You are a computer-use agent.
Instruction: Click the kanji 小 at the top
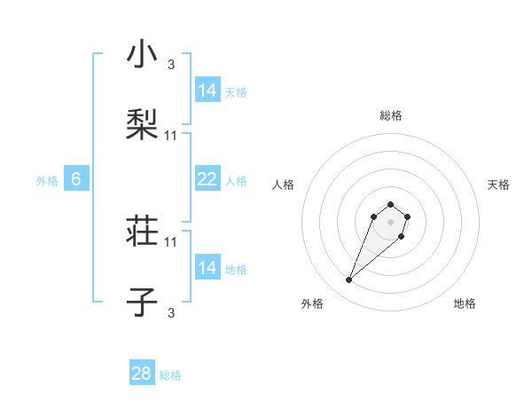142,56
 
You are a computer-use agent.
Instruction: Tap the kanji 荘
142,233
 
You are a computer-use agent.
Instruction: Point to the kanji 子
142,303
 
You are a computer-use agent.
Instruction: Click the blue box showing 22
207,179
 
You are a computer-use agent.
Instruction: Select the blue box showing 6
76,179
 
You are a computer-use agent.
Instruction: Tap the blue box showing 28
142,374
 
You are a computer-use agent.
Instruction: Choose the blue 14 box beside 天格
207,90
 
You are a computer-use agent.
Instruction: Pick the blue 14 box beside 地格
207,268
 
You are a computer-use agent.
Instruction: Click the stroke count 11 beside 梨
171,135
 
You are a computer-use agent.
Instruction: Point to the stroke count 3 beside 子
171,311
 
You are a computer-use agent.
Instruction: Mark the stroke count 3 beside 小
171,64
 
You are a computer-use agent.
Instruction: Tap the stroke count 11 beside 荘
171,241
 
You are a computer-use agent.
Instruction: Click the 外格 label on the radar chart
312,303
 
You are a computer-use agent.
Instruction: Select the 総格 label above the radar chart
391,115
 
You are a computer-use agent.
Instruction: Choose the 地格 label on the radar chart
465,303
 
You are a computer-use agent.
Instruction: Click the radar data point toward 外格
349,280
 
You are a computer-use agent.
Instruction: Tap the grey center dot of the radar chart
390,221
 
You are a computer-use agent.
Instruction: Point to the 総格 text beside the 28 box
170,375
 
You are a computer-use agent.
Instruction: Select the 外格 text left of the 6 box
47,181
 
